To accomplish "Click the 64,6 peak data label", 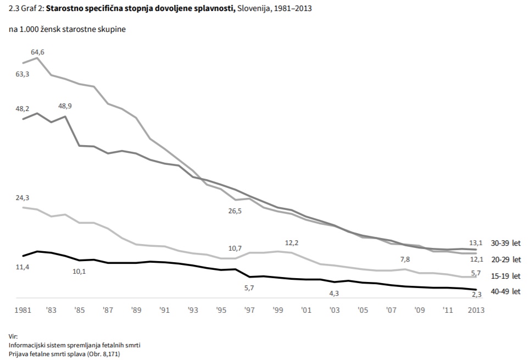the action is pyautogui.click(x=37, y=52).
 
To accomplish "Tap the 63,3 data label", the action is pyautogui.click(x=23, y=74).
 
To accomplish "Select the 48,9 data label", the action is pyautogui.click(x=65, y=106).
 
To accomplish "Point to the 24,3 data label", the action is pyautogui.click(x=23, y=198).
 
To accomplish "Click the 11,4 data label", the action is pyautogui.click(x=23, y=267).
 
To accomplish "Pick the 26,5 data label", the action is pyautogui.click(x=235, y=211).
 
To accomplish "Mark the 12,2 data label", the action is pyautogui.click(x=292, y=243).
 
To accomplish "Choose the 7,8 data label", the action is pyautogui.click(x=405, y=259).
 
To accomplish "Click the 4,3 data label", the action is pyautogui.click(x=334, y=293).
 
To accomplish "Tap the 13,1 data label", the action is pyautogui.click(x=476, y=243).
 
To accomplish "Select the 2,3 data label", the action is pyautogui.click(x=477, y=295).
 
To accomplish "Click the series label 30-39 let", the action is pyautogui.click(x=506, y=243).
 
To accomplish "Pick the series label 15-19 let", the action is pyautogui.click(x=506, y=276).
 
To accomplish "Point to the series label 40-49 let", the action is pyautogui.click(x=506, y=291).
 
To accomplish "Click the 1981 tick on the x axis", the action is pyautogui.click(x=23, y=310).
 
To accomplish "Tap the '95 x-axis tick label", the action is pyautogui.click(x=221, y=310).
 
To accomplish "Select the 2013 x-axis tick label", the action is pyautogui.click(x=476, y=310).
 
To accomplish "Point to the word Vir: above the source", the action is pyautogui.click(x=13, y=336).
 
